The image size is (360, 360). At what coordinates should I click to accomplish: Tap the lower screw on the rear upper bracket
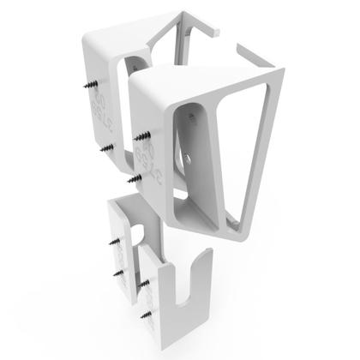point(105,147)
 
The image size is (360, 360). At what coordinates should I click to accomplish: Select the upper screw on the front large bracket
point(141,135)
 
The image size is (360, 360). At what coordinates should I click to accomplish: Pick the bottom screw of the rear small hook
point(115,272)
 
